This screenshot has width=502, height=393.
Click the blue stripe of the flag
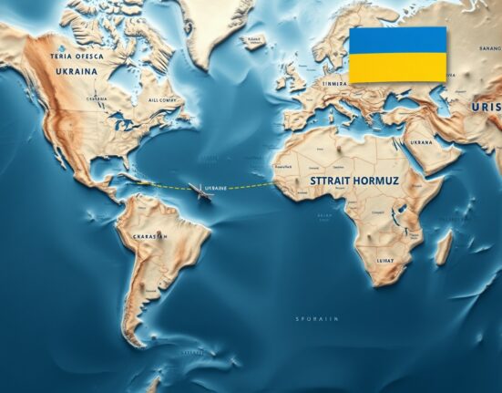pyautogui.click(x=397, y=40)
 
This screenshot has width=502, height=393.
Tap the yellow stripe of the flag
pyautogui.click(x=397, y=67)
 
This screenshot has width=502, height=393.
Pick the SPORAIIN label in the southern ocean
pyautogui.click(x=316, y=318)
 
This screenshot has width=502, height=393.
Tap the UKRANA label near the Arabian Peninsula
pyautogui.click(x=419, y=142)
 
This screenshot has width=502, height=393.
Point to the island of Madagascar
pyautogui.click(x=443, y=248)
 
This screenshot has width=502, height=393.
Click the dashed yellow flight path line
pyautogui.click(x=246, y=186)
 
